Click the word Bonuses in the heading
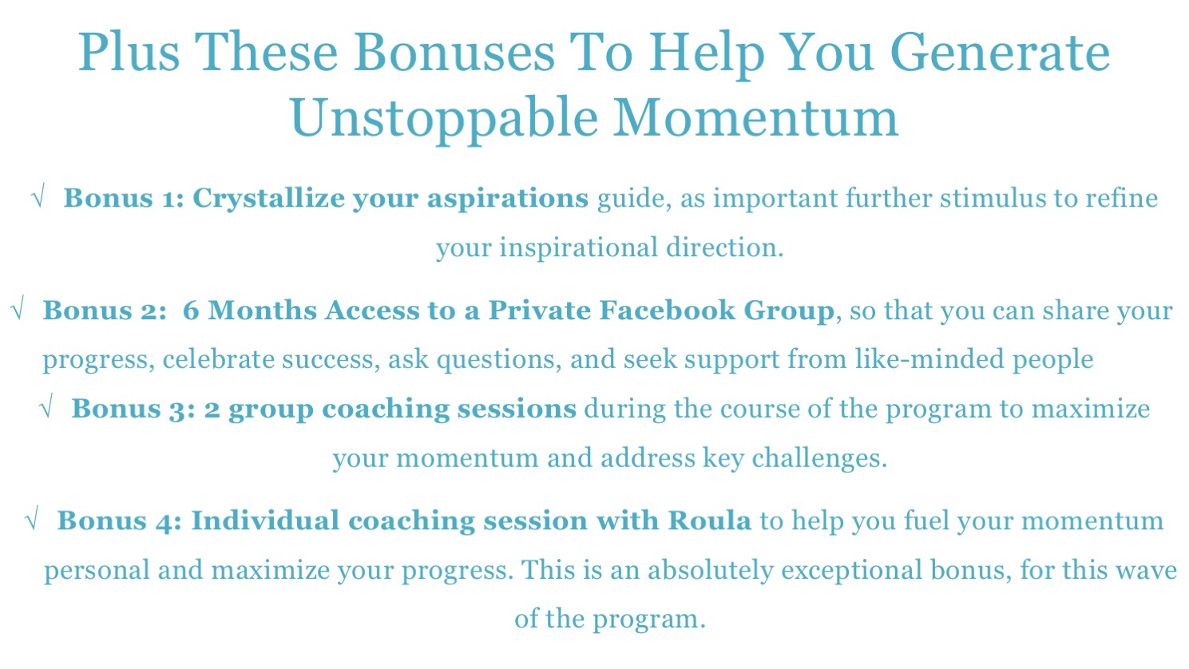pos(454,52)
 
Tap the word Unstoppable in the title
pos(444,119)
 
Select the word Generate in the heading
pos(1000,52)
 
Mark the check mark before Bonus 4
pos(31,518)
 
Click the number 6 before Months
pos(191,311)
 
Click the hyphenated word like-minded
pos(929,359)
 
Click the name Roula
pos(709,521)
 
